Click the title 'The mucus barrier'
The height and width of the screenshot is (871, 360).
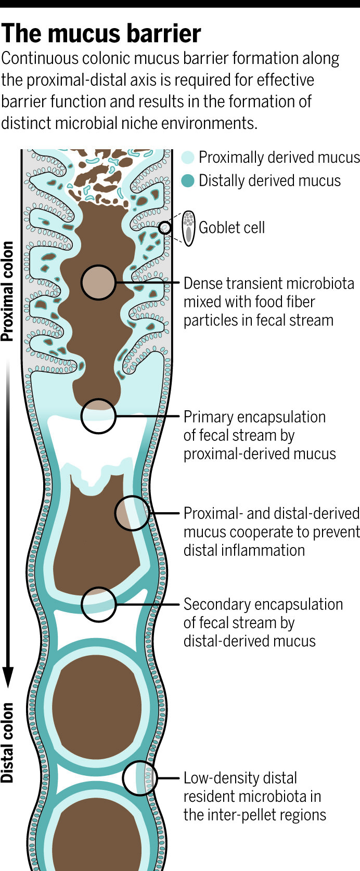101,34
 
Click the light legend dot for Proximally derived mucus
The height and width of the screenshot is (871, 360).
188,157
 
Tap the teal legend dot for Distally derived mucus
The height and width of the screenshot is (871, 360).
188,180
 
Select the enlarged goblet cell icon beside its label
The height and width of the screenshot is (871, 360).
189,228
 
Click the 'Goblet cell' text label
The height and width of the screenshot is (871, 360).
232,228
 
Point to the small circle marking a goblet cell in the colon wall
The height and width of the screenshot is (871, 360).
165,227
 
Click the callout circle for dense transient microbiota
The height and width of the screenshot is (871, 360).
98,282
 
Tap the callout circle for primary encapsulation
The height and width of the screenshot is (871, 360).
98,416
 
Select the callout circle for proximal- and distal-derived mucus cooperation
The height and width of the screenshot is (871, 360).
132,513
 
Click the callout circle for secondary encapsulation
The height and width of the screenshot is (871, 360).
98,604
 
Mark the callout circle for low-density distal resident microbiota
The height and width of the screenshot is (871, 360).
140,778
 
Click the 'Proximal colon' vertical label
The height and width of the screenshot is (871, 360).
7,291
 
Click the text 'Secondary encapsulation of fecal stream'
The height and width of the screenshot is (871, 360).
263,613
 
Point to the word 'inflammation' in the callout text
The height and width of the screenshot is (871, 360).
244,550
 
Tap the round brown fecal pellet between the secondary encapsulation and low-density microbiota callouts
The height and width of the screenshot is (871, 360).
98,707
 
